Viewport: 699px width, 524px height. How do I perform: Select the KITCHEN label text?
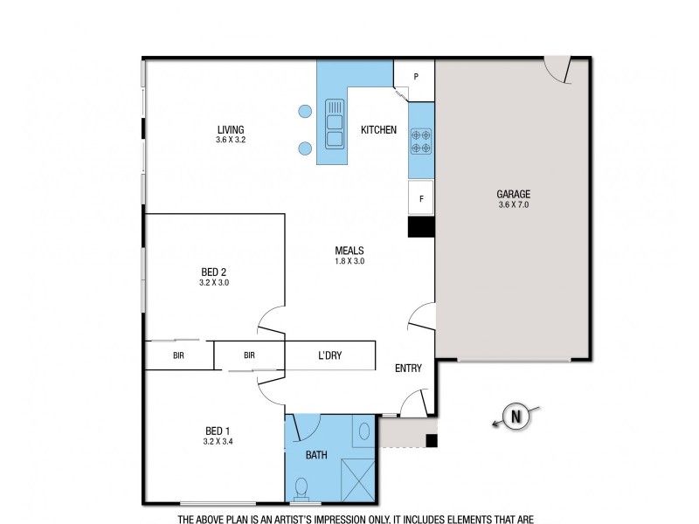pos(378,130)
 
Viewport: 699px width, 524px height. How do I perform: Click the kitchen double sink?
pos(334,123)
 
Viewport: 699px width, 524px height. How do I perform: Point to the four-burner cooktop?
pos(421,141)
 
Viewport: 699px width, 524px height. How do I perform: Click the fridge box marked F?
pos(421,198)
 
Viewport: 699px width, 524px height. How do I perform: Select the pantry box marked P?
pos(416,76)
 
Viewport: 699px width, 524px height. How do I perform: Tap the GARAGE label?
pos(514,194)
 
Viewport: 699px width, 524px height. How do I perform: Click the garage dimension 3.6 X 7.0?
pos(514,204)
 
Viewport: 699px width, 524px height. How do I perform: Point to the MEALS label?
pos(349,250)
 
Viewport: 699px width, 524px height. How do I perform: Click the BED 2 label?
pos(213,272)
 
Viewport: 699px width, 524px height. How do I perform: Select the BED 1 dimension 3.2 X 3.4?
pos(218,441)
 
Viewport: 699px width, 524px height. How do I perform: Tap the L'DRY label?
pos(329,356)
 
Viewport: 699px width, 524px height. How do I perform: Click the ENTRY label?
pos(408,369)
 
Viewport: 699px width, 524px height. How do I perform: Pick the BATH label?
pos(316,455)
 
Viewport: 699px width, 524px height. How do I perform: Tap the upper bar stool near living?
pos(305,111)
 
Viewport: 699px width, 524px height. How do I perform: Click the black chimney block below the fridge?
pos(421,226)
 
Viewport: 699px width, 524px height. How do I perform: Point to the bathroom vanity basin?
pos(365,430)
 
